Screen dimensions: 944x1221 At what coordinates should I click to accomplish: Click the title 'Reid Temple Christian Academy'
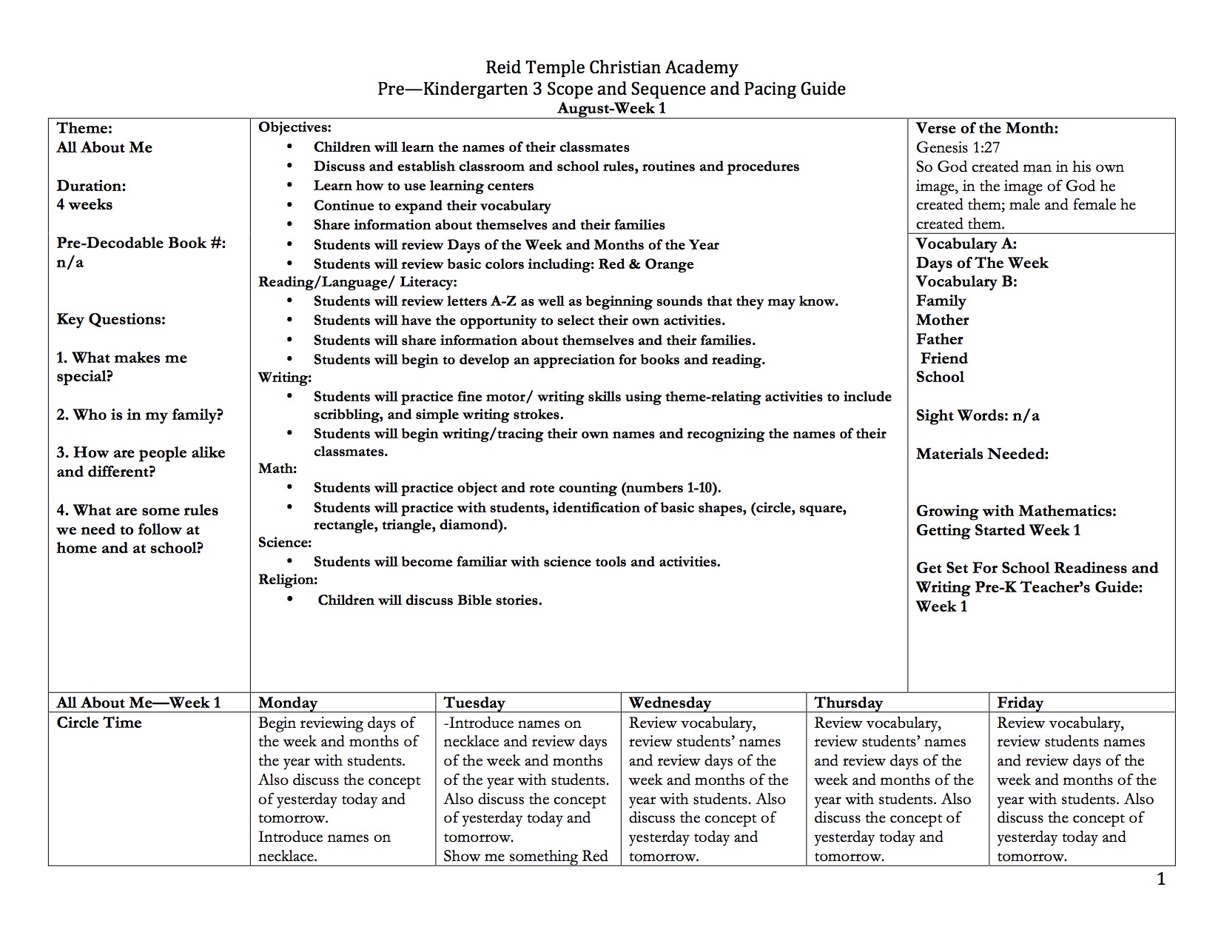[611, 67]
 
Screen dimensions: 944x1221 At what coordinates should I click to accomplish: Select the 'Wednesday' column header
[670, 703]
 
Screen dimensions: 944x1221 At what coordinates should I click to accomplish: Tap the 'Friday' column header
[1020, 703]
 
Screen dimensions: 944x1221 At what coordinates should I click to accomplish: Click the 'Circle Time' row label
[98, 723]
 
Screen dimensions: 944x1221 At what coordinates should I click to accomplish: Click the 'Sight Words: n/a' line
[977, 415]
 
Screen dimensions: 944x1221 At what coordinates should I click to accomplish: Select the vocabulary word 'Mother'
[942, 320]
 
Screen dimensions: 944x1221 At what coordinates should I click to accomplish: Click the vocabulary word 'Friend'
[943, 358]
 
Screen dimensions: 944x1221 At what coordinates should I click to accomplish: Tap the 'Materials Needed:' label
[982, 454]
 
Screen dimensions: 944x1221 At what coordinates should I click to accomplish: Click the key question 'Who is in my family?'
[140, 415]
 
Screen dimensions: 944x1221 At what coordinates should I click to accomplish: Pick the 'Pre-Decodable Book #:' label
[141, 243]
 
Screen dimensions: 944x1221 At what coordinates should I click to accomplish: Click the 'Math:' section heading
[277, 469]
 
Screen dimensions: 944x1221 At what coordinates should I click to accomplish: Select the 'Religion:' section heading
[288, 580]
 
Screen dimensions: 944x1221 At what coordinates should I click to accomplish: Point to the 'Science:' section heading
[285, 543]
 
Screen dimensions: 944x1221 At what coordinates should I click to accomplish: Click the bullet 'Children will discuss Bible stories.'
[429, 600]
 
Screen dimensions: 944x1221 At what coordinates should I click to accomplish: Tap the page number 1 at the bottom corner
[1161, 880]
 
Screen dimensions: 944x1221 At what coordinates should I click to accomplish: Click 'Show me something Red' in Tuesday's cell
[525, 857]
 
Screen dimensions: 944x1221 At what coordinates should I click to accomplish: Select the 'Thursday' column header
[848, 703]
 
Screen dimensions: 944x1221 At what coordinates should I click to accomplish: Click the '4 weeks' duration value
[84, 205]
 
